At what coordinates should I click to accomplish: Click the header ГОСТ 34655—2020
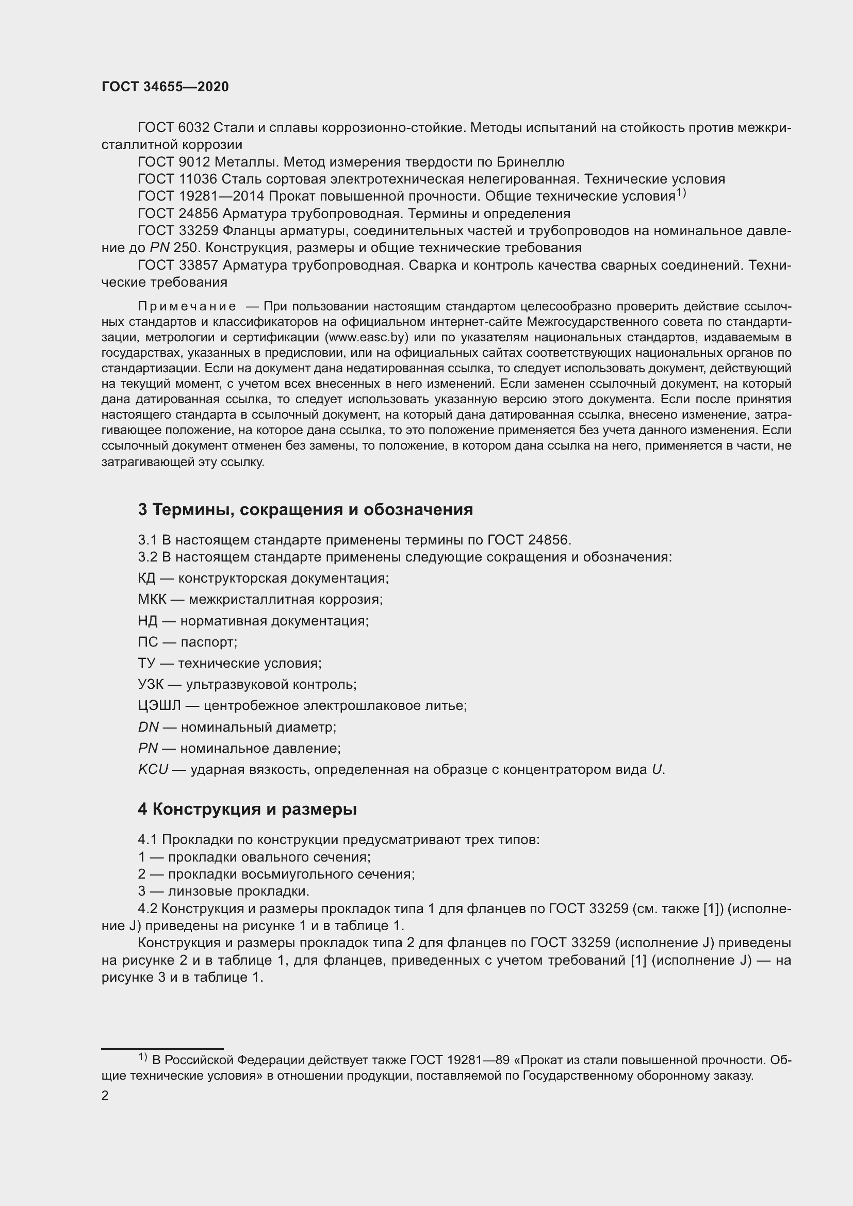[165, 87]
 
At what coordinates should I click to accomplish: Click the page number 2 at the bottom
[105, 1095]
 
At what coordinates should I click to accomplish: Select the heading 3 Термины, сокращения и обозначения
[305, 509]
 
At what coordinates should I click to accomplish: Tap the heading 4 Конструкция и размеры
[247, 809]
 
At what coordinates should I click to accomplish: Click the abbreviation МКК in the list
[152, 599]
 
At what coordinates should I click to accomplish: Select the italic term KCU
[153, 769]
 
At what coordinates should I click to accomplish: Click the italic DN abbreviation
[148, 727]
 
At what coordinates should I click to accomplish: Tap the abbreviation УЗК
[151, 684]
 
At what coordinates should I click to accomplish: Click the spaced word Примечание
[187, 306]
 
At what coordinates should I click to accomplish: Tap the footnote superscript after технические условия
[681, 193]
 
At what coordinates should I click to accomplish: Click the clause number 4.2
[147, 908]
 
